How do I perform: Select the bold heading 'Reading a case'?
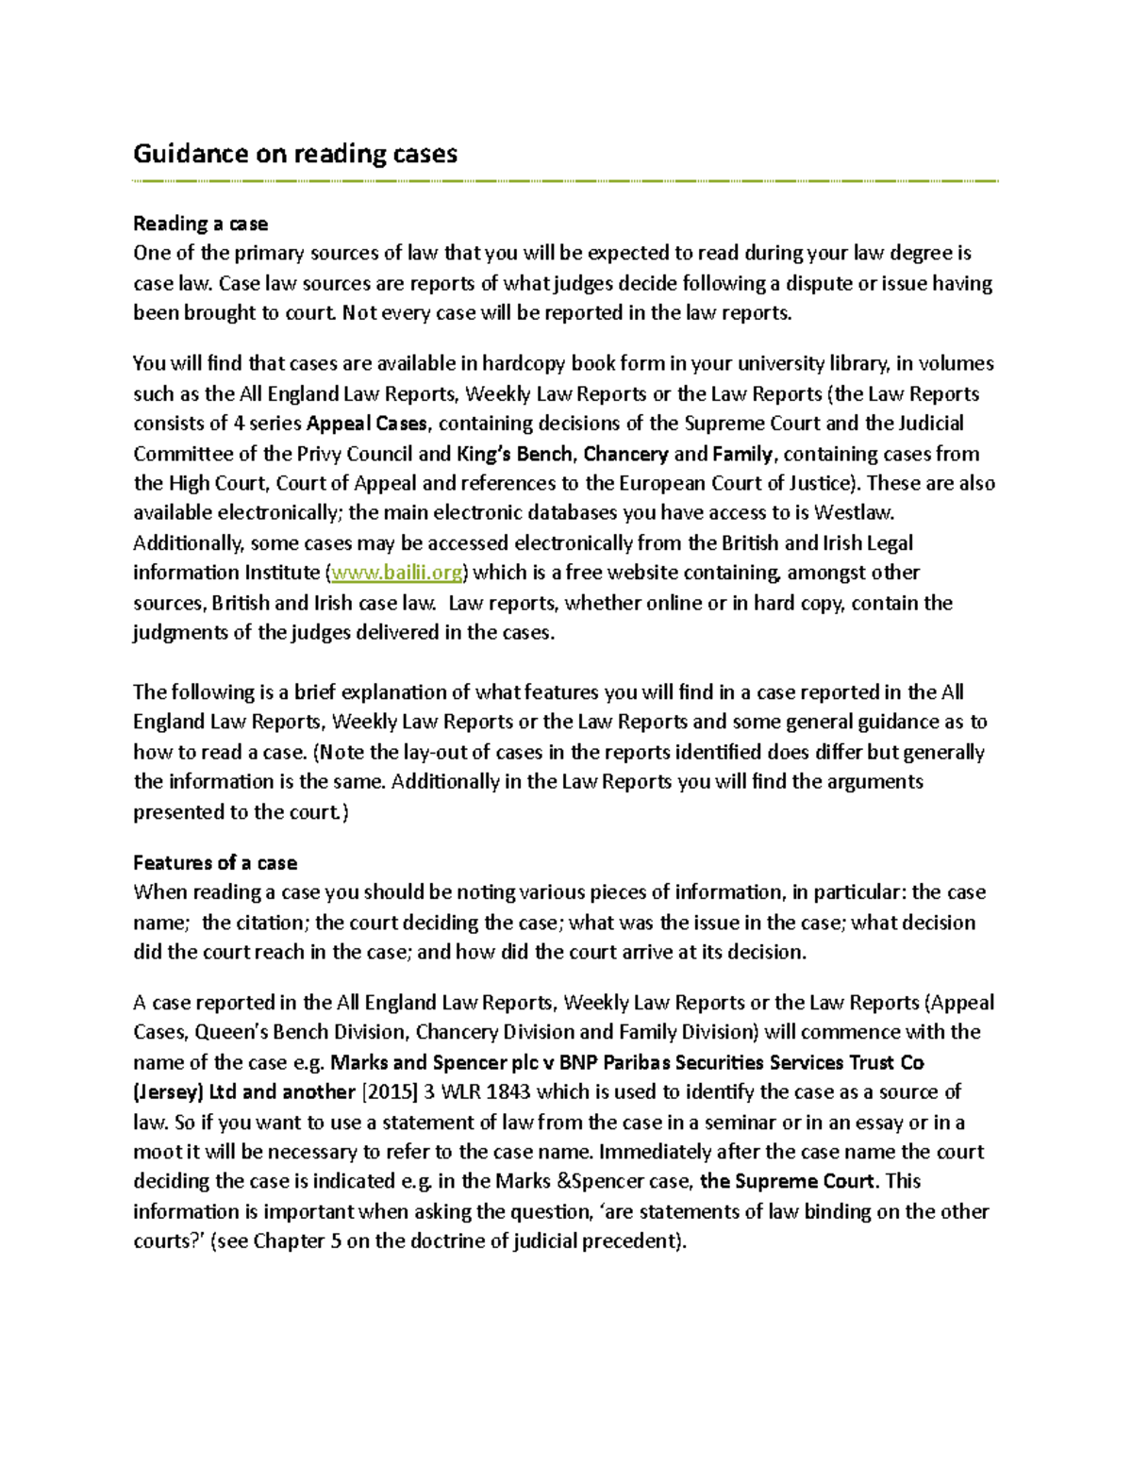click(200, 224)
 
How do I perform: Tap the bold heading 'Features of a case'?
click(215, 862)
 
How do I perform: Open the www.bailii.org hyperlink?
click(397, 573)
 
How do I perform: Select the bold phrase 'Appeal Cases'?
click(367, 424)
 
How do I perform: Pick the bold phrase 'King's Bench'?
click(514, 454)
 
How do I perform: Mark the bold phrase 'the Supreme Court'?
click(789, 1181)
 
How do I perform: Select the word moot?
click(154, 1152)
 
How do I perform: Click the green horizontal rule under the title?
click(565, 180)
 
